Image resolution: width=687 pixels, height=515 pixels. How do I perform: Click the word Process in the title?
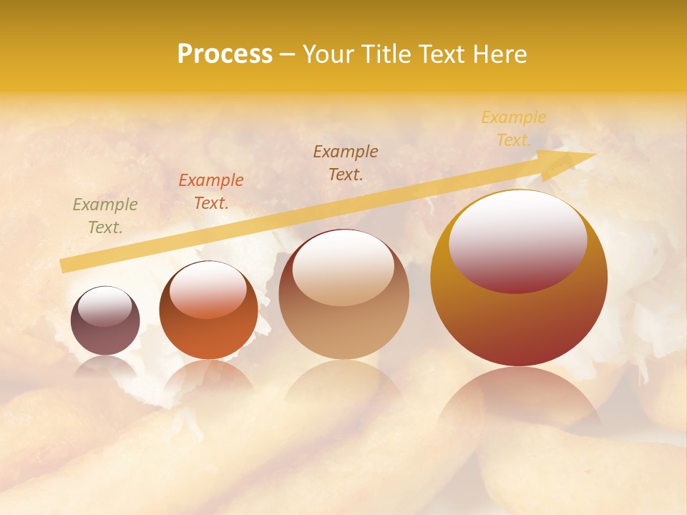tap(225, 54)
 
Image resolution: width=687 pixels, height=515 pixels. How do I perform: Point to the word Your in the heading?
tap(327, 54)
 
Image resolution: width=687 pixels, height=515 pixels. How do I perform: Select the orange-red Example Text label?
tap(211, 192)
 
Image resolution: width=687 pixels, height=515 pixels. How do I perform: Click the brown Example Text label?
tap(346, 162)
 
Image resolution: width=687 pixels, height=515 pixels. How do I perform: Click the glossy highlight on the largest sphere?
tap(518, 241)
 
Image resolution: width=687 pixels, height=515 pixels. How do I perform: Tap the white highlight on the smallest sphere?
tap(104, 306)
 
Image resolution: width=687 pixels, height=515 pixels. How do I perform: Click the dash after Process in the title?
tap(287, 54)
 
